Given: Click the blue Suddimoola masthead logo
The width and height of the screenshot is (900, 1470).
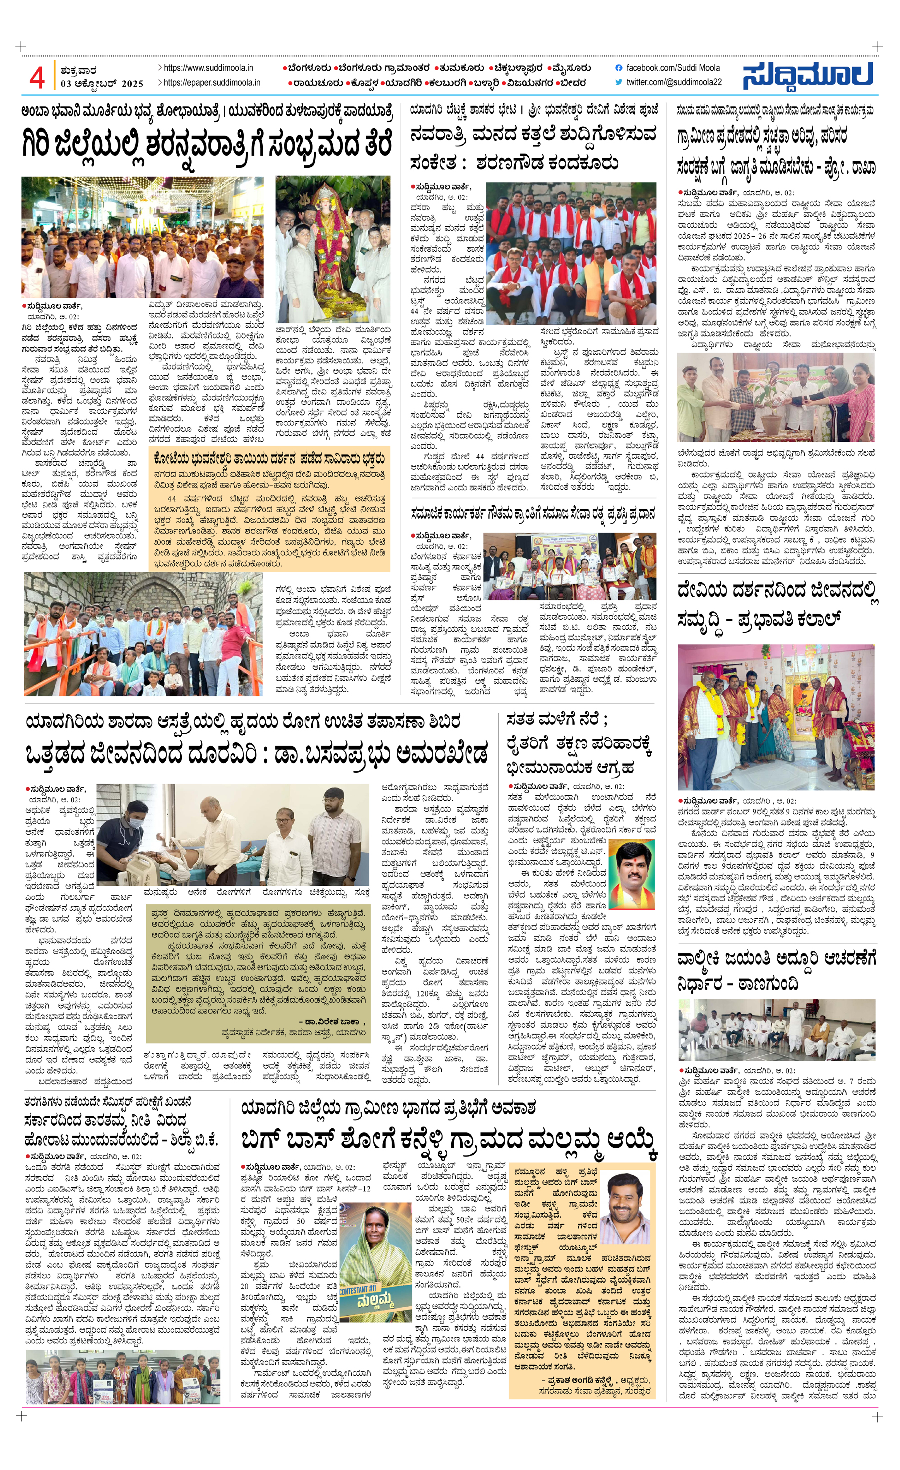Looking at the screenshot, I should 808,76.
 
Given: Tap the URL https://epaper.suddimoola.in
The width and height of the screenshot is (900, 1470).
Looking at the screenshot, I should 212,83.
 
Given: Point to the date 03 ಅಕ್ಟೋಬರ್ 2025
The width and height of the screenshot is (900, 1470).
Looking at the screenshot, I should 102,84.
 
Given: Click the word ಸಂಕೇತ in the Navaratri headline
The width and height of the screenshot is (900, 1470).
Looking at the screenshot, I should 434,163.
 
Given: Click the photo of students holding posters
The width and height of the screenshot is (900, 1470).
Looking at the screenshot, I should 123,1377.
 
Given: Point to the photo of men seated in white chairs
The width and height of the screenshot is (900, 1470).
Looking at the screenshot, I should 776,1030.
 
